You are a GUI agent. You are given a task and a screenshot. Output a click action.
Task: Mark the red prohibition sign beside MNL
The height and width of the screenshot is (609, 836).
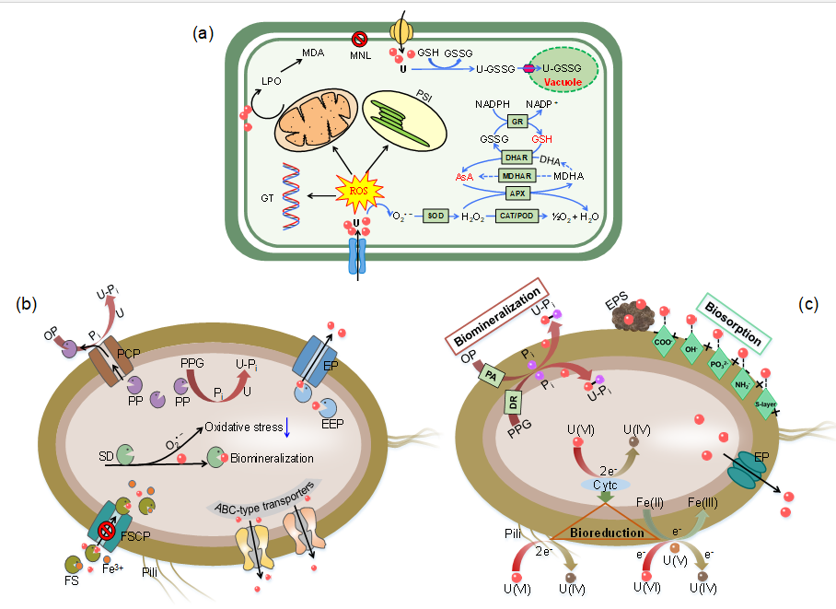tap(360, 40)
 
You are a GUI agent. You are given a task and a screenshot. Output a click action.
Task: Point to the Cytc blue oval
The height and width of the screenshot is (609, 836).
tap(603, 484)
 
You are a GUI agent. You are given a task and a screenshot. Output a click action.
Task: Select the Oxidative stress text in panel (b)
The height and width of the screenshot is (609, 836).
tap(241, 426)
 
